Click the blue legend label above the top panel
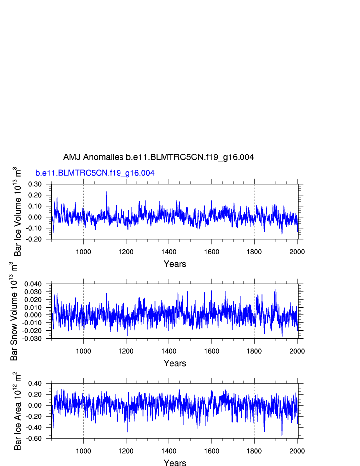(x=95, y=173)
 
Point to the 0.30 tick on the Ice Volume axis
(x=35, y=184)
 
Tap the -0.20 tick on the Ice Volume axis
(x=34, y=239)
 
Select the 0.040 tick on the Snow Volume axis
(x=33, y=284)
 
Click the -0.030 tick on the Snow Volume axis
(x=32, y=339)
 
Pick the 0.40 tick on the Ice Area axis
(x=35, y=384)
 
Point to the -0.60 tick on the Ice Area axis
(x=34, y=439)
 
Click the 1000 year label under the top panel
(x=83, y=251)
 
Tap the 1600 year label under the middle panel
(x=212, y=351)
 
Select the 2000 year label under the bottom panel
(x=297, y=451)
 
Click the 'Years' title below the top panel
(x=175, y=264)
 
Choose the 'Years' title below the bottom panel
(x=175, y=463)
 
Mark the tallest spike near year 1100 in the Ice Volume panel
(x=106, y=191)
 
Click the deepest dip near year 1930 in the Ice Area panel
(x=282, y=435)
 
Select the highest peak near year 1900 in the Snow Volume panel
(x=275, y=290)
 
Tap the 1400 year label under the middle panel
(x=169, y=351)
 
